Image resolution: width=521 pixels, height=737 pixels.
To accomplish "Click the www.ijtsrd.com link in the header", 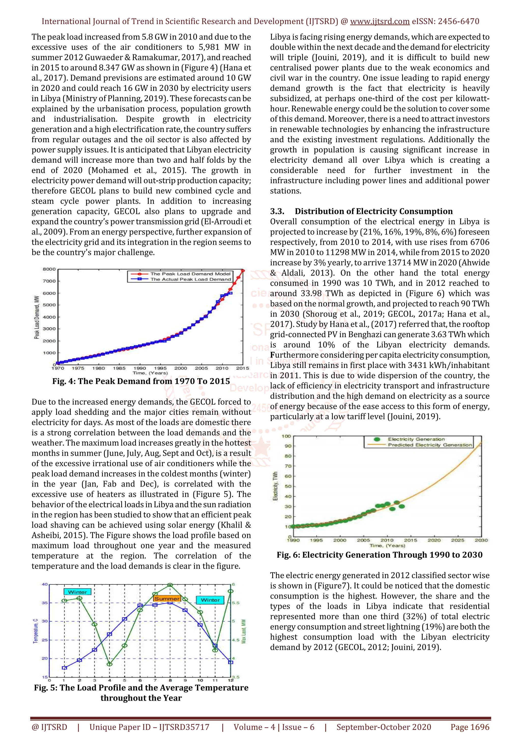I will point(380,22).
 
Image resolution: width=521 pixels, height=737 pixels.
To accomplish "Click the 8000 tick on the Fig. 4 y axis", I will point(49,269).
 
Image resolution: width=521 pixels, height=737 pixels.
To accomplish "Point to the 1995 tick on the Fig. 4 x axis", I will point(160,368).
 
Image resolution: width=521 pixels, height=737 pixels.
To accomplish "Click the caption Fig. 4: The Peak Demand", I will point(141,381).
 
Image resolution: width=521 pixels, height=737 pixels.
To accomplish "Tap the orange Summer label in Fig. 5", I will point(167,599).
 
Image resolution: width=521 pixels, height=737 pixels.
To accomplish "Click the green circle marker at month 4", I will point(109,664).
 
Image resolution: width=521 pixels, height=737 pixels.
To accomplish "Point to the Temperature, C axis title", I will point(36,631).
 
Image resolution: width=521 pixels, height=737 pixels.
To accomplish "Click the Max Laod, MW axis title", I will point(244,631).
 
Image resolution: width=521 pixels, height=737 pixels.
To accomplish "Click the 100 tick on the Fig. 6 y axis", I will point(286,436).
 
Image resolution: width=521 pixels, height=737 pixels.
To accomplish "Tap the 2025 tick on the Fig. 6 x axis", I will point(457,540).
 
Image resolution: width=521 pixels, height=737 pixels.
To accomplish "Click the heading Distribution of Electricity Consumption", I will point(374,211).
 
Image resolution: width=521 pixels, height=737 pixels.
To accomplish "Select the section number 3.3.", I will point(277,211).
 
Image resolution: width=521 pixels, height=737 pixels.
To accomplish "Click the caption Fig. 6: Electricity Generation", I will point(380,555).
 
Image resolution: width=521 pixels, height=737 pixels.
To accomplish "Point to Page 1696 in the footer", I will point(470,727).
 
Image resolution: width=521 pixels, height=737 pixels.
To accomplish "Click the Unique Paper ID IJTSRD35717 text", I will point(149,727).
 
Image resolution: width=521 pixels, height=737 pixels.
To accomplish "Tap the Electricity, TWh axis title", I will point(276,486).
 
